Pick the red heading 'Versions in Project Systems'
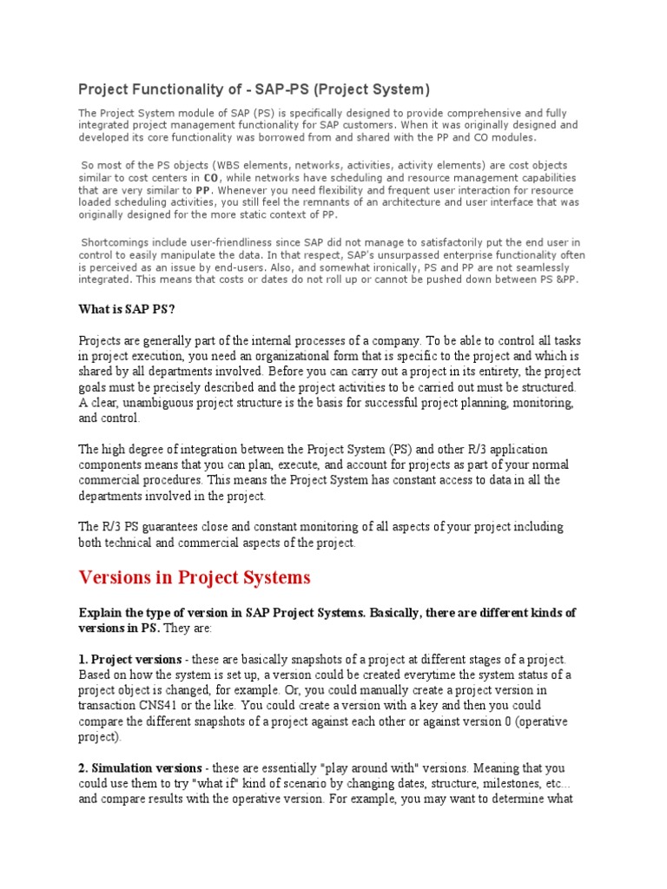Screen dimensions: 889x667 (x=195, y=577)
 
